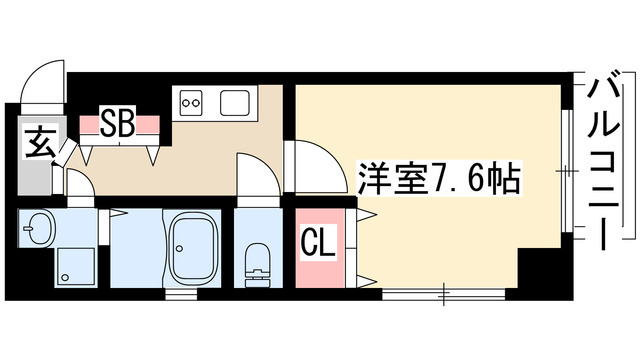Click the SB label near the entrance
click(122, 124)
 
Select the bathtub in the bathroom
click(193, 250)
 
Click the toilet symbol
click(258, 262)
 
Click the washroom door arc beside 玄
click(81, 182)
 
